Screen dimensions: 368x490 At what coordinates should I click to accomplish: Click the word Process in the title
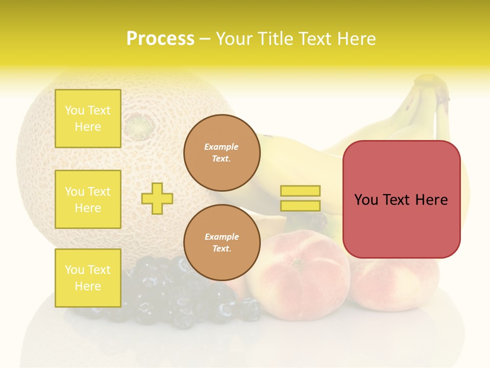(160, 39)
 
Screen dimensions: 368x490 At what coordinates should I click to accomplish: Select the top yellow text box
(88, 119)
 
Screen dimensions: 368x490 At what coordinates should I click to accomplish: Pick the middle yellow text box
(88, 199)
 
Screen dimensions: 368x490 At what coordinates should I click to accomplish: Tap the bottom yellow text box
(88, 278)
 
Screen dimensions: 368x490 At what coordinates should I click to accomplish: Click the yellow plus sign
(157, 198)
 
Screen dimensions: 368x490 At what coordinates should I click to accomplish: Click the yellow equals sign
(300, 198)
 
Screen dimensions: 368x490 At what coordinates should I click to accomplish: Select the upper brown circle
(222, 153)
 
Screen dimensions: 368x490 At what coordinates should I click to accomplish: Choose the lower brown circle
(222, 243)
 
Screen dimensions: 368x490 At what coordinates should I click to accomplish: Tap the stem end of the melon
(137, 124)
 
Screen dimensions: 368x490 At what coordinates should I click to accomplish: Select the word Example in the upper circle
(222, 147)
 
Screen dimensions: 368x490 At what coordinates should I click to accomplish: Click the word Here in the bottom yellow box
(88, 286)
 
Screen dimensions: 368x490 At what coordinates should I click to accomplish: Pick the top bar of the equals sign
(300, 191)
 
